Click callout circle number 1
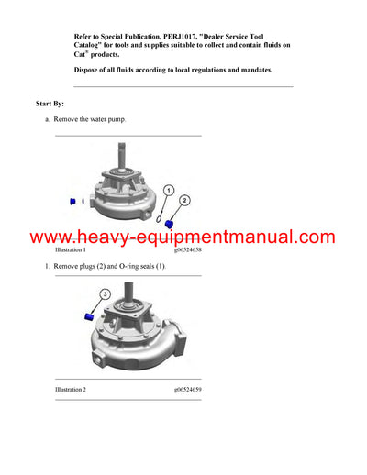click(x=169, y=190)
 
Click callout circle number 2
click(x=184, y=199)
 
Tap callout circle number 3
click(x=106, y=294)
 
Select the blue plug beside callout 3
click(x=91, y=315)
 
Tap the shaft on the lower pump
click(x=128, y=296)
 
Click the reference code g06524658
click(x=187, y=249)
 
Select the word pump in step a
click(x=117, y=119)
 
